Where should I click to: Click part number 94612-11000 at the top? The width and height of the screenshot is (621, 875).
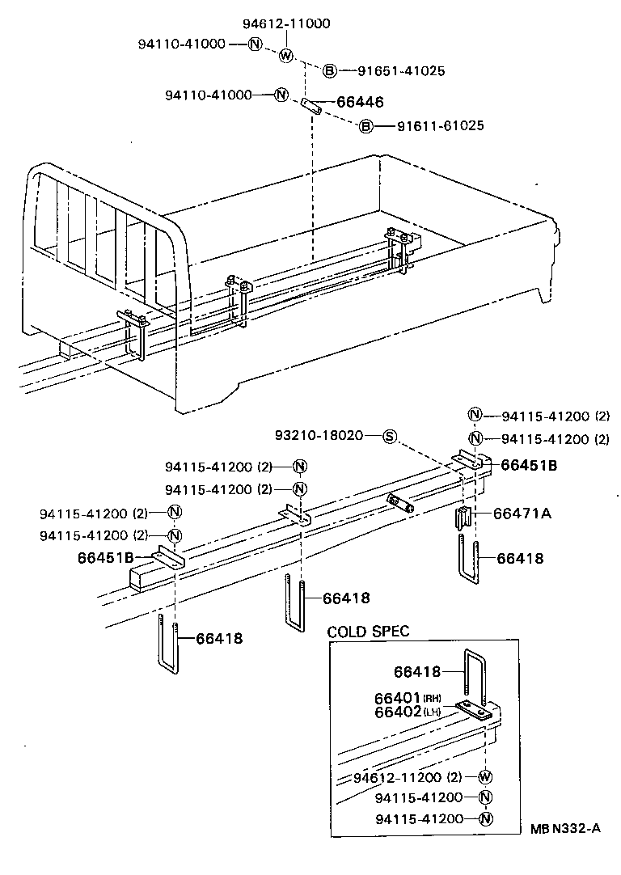click(x=286, y=23)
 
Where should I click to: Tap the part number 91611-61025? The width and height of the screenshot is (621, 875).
click(x=440, y=126)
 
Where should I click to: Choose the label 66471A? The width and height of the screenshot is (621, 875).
click(x=521, y=513)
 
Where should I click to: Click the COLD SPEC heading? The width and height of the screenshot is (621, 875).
click(x=368, y=631)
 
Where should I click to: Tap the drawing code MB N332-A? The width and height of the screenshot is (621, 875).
click(x=566, y=827)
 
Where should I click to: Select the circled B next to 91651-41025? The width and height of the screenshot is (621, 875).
click(x=330, y=71)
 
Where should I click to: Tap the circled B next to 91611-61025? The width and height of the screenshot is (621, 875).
click(x=365, y=126)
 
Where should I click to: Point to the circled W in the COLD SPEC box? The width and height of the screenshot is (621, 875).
click(x=485, y=777)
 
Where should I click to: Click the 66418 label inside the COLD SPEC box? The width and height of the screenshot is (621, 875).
click(x=418, y=671)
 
